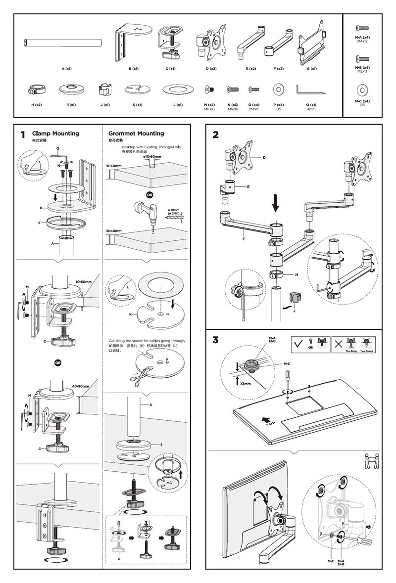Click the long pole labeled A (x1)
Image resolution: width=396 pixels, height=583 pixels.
(63, 43)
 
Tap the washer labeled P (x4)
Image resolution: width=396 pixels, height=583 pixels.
(278, 90)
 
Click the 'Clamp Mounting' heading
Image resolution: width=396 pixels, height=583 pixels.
(55, 134)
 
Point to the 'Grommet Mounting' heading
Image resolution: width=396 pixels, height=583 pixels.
(136, 134)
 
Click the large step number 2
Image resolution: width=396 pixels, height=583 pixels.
(215, 135)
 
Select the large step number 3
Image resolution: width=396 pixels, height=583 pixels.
(215, 340)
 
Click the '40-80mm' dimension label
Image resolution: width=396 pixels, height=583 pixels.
(80, 386)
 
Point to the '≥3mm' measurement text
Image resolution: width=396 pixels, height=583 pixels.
(245, 383)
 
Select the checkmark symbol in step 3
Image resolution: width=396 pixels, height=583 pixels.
(298, 343)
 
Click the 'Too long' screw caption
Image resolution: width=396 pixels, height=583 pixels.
(352, 351)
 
